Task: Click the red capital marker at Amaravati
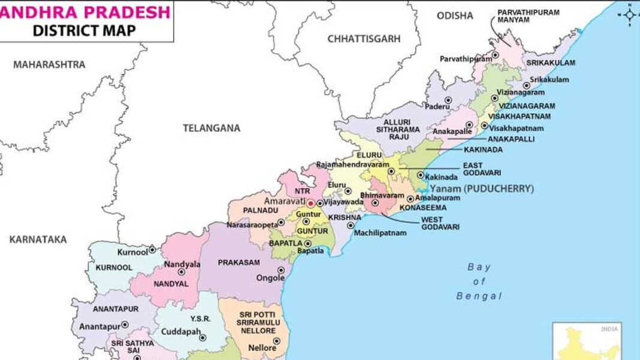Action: tap(310, 204)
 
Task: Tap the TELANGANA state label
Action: tap(212, 128)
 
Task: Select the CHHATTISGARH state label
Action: tap(363, 38)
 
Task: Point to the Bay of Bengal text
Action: tap(479, 282)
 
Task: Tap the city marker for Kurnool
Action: tap(152, 249)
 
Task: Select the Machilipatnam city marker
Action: tap(350, 225)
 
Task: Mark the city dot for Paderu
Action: tap(448, 100)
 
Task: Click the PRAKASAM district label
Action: tap(239, 262)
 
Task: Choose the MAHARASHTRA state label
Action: tap(50, 64)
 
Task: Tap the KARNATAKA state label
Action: tap(38, 239)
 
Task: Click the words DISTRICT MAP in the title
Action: tap(84, 30)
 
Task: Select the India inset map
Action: tap(587, 341)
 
